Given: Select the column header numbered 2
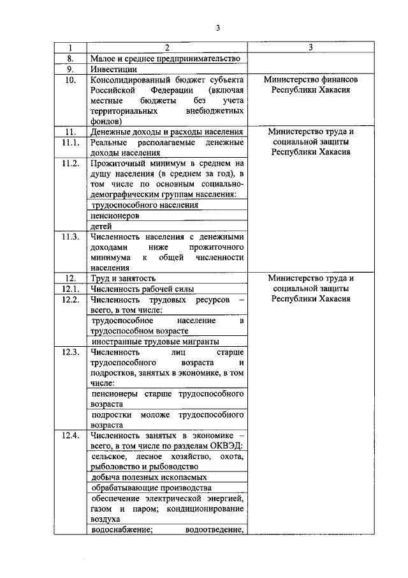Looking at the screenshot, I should coord(167,48).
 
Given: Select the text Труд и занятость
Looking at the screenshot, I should coord(124,278).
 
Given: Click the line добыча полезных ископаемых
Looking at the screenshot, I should coord(149,477).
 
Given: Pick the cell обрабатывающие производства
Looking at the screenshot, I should coord(147,487).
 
